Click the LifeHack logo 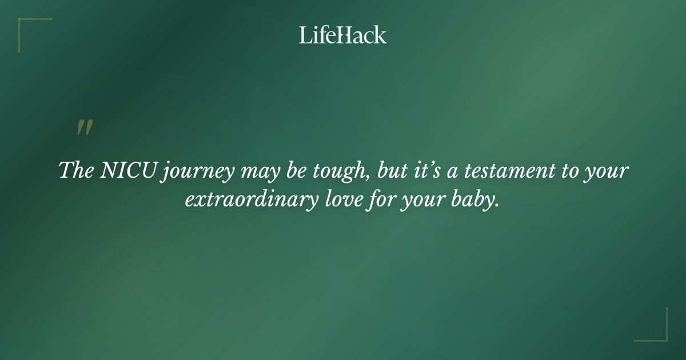tap(343, 35)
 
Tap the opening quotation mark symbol tap(85, 128)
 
